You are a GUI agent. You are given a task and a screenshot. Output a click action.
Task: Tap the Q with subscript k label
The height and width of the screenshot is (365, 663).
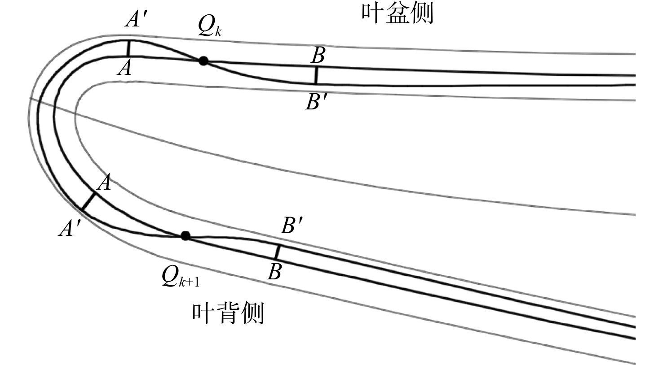(x=210, y=26)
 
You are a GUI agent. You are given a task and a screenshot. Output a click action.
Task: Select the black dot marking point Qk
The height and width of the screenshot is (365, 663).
(x=203, y=61)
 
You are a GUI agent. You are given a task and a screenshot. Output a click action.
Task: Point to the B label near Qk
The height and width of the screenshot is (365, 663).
(x=318, y=55)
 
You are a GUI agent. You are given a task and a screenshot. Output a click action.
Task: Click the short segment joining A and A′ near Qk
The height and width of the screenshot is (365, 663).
(x=128, y=48)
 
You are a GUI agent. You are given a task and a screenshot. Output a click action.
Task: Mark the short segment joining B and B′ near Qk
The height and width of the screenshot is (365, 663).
(x=316, y=76)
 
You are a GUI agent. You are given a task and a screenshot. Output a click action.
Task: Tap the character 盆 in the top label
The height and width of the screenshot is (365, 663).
(x=398, y=13)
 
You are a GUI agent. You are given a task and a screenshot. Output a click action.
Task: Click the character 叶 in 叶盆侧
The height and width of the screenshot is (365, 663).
(x=373, y=13)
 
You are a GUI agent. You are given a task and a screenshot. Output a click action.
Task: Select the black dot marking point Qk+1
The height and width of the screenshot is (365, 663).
(x=185, y=236)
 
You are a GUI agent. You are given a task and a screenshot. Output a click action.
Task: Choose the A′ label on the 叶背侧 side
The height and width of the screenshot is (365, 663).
(x=70, y=228)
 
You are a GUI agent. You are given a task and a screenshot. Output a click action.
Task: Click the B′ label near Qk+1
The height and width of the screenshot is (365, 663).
(x=292, y=226)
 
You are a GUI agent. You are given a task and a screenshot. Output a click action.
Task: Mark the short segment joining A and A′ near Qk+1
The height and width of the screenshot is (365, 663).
(x=88, y=202)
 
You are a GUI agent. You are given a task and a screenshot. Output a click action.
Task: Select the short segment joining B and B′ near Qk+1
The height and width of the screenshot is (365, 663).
(x=277, y=252)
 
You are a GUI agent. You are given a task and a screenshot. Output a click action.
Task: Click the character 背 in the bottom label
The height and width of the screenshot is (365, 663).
(x=228, y=313)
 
